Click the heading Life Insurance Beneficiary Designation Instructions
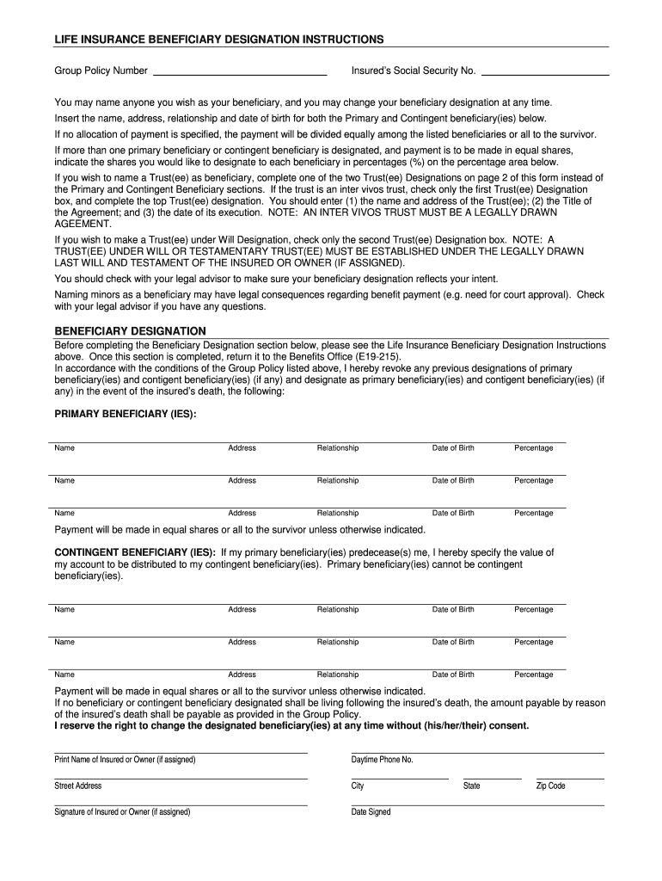click(x=219, y=40)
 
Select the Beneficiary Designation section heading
click(x=131, y=330)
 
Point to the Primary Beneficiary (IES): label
click(x=126, y=414)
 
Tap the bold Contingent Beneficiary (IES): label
click(x=135, y=551)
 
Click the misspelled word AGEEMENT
click(x=83, y=223)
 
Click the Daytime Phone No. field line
click(x=477, y=752)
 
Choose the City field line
click(x=400, y=778)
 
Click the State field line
click(x=492, y=778)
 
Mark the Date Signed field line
click(x=477, y=804)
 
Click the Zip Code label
click(x=550, y=786)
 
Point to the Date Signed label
click(x=371, y=812)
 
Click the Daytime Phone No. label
click(x=382, y=760)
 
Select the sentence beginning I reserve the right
click(x=292, y=725)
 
